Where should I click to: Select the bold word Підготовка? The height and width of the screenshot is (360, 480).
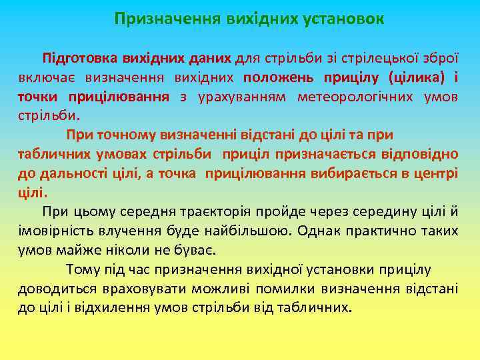(74, 58)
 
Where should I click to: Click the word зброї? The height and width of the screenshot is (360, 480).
(441, 58)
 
